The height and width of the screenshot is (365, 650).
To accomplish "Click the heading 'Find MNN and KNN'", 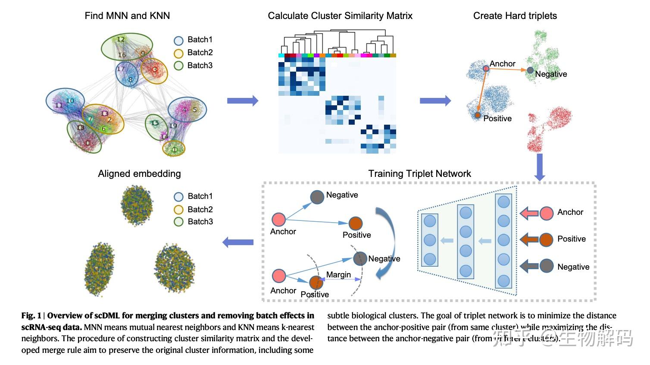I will pos(127,16).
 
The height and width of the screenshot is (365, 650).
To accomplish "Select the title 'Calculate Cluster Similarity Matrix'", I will pos(340,16).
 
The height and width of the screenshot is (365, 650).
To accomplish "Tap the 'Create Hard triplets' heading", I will pos(515,16).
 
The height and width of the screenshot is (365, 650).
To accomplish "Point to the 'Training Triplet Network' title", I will pos(419,174).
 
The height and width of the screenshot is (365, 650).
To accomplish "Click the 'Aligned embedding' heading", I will pos(139,174).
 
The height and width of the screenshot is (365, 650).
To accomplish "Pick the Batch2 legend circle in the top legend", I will pos(179,53).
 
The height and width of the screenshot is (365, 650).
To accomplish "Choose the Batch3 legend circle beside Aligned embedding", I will pos(179,222).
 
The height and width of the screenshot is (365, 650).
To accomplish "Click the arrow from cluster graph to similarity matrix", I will pos(243,101).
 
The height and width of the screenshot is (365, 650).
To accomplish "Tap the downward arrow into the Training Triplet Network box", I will pos(540,168).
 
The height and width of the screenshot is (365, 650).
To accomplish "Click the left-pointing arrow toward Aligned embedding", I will pos(238,242).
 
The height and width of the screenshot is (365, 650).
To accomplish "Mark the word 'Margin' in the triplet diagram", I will pos(338,275).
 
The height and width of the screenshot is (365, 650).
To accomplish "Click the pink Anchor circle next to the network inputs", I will pos(547,213).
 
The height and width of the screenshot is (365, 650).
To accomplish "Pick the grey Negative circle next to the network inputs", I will pos(547,266).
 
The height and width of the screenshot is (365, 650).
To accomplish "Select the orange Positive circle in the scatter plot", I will pos(477,115).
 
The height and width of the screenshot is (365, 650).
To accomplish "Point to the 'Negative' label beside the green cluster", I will pos(551,74).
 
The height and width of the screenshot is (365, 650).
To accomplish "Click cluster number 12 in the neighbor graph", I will pos(121,39).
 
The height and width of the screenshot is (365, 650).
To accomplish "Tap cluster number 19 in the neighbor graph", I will pos(173,126).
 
